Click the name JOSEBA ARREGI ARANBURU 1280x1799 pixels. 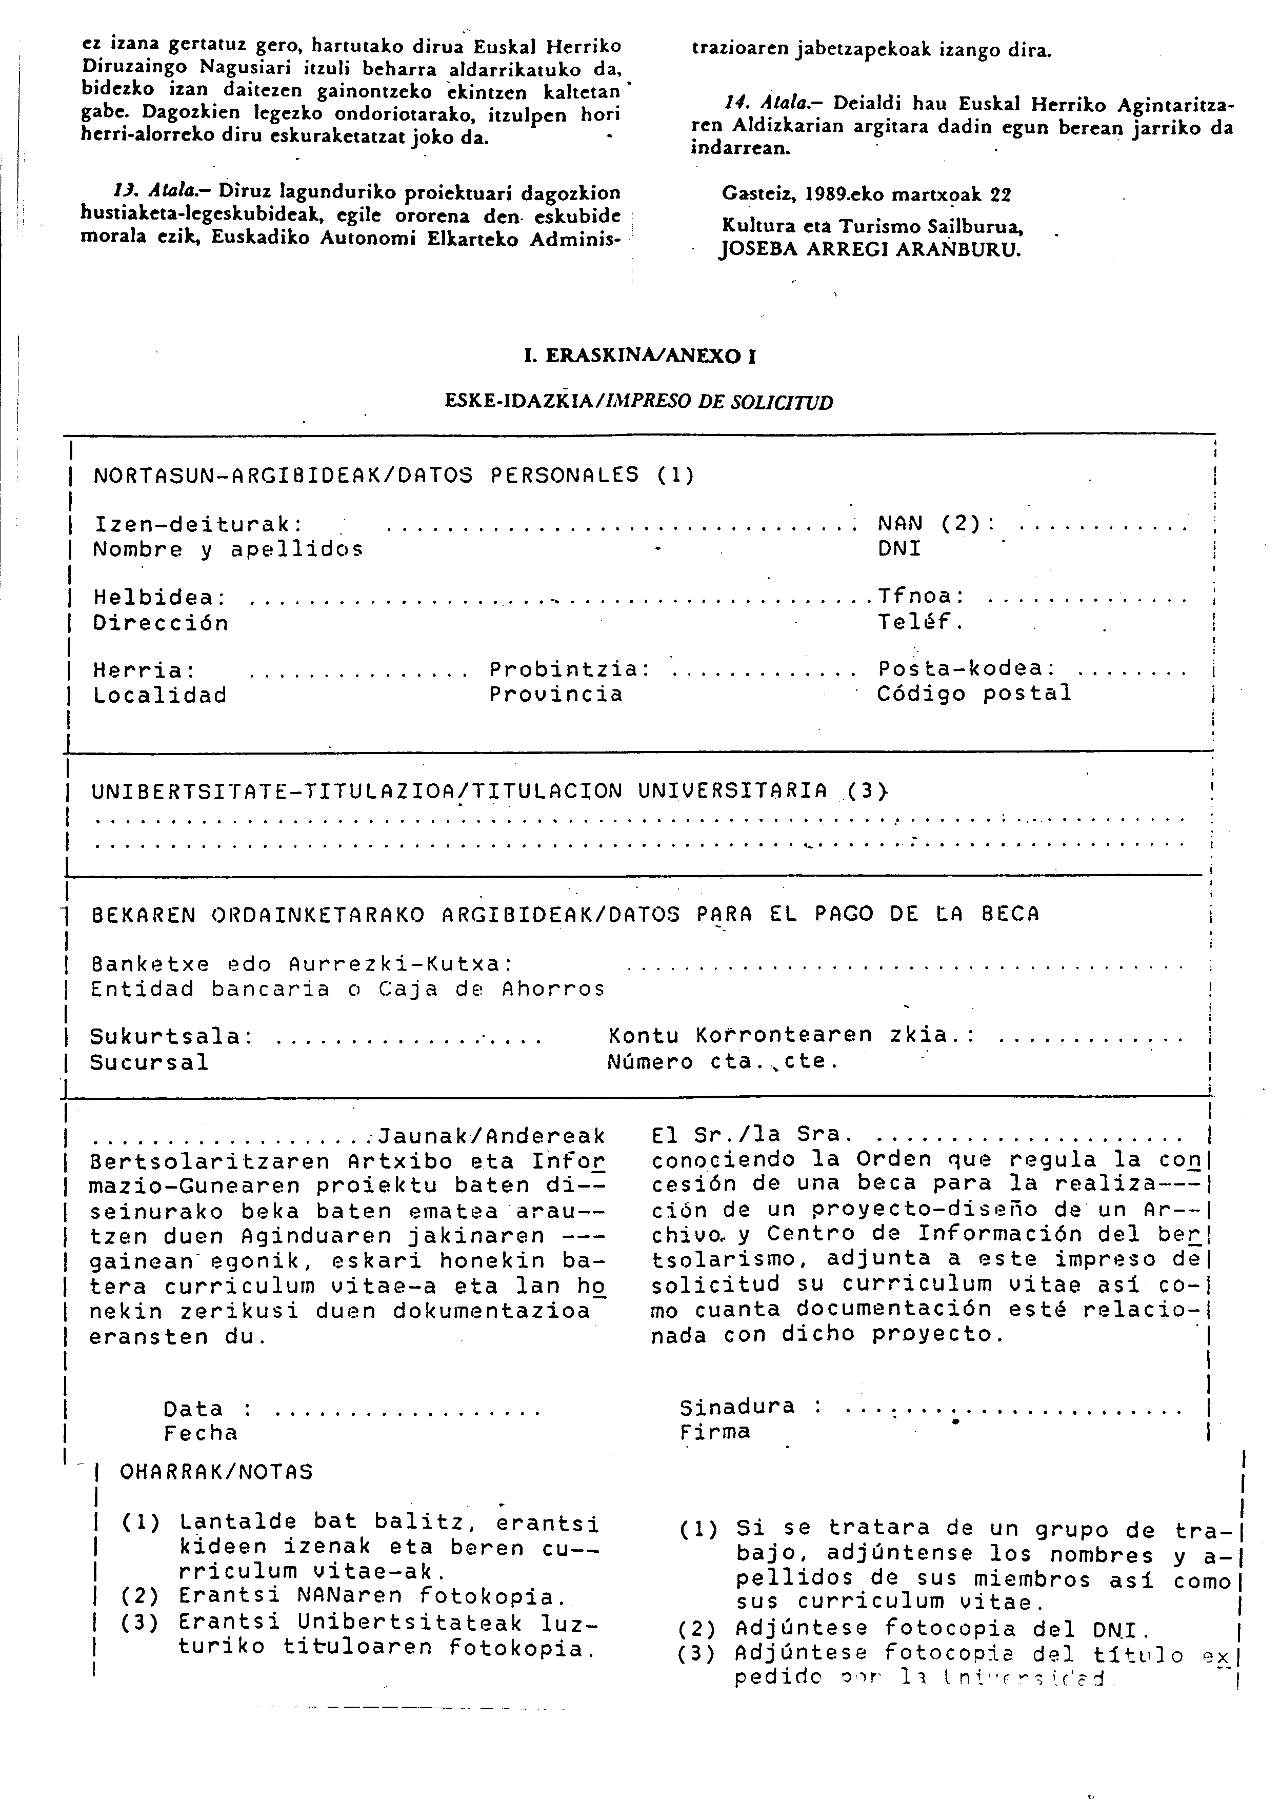870,251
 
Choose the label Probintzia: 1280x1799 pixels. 570,669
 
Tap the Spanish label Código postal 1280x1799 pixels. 974,694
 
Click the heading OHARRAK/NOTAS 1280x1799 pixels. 216,1472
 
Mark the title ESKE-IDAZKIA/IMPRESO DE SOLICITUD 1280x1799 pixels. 638,402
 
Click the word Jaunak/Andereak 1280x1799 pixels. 492,1136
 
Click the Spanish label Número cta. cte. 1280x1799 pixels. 723,1062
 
